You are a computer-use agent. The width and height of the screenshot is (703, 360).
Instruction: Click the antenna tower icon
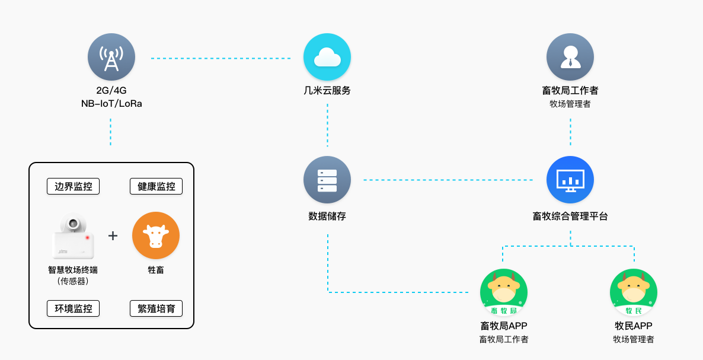point(111,57)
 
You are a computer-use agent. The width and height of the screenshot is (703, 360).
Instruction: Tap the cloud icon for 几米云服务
point(327,57)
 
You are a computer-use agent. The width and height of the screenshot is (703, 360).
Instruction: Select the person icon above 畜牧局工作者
point(570,57)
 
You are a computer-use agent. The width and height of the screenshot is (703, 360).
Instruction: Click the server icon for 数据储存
point(327,180)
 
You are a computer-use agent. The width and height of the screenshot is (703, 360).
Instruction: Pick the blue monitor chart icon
point(570,180)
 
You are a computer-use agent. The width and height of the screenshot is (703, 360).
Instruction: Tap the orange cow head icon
point(156,235)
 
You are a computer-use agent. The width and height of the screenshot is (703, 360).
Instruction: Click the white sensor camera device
point(73,238)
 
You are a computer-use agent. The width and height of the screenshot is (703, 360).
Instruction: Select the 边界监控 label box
point(74,186)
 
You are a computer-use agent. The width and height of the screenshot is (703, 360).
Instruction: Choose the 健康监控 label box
point(156,186)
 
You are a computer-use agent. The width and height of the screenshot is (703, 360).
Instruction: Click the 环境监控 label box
point(74,308)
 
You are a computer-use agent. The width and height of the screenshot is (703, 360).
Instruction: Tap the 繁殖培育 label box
point(156,308)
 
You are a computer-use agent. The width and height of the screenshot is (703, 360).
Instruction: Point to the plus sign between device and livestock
point(113,236)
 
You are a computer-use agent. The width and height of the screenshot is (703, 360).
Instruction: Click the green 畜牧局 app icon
point(504,292)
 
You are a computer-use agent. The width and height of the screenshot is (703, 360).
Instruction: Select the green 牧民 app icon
point(634,292)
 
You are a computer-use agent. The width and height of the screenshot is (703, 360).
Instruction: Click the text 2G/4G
point(111,91)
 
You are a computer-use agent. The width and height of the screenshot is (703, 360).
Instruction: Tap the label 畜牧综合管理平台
point(570,216)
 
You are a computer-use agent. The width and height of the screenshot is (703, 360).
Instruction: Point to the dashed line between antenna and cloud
point(221,58)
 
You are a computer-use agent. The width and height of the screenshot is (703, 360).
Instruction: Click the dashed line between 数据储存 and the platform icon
point(448,180)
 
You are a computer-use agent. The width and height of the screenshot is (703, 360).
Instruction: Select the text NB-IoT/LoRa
point(111,104)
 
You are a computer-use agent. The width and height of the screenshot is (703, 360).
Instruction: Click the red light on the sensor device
point(87,238)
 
